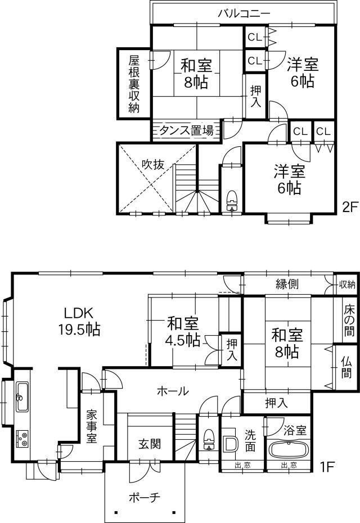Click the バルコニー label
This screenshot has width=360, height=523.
click(x=244, y=13)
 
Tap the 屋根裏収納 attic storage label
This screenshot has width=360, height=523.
click(x=134, y=84)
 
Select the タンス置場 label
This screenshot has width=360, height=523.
click(x=186, y=130)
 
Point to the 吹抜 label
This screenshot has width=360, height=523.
click(x=153, y=164)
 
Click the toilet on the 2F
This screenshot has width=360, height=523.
click(x=232, y=201)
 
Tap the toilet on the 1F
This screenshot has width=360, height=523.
click(x=209, y=440)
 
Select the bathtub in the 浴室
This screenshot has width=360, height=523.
click(x=289, y=450)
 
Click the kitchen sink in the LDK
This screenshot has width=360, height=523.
click(x=22, y=397)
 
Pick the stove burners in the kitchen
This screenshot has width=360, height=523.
click(x=22, y=439)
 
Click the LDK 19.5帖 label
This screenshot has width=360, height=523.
click(x=79, y=322)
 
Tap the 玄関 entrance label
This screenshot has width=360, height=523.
click(x=150, y=444)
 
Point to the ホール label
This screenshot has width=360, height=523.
click(x=173, y=391)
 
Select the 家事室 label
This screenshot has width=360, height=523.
click(x=92, y=427)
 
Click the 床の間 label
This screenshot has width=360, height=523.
click(x=349, y=319)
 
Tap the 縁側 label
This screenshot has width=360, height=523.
click(x=287, y=284)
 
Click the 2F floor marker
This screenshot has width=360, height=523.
click(x=350, y=208)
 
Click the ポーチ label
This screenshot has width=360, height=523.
click(x=144, y=498)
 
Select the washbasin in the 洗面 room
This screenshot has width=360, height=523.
click(x=230, y=444)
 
